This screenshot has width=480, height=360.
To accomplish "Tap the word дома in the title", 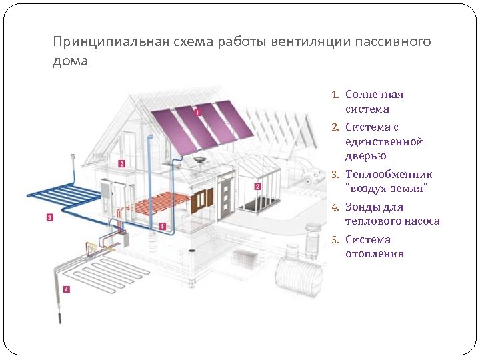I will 70,61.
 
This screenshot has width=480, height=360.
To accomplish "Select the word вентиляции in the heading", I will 303,42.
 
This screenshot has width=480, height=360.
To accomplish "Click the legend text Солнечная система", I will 373,101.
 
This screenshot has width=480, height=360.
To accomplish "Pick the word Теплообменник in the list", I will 389,174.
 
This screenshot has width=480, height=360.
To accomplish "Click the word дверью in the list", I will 365,156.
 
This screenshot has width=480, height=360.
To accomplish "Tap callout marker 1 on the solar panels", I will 198,113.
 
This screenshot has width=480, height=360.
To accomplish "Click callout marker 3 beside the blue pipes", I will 50,217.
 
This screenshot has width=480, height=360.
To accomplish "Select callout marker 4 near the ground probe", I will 65,289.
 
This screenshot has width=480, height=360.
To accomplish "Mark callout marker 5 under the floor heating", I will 163,227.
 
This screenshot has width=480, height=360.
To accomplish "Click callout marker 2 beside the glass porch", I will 257,187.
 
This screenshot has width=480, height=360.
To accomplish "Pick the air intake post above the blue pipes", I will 72,163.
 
